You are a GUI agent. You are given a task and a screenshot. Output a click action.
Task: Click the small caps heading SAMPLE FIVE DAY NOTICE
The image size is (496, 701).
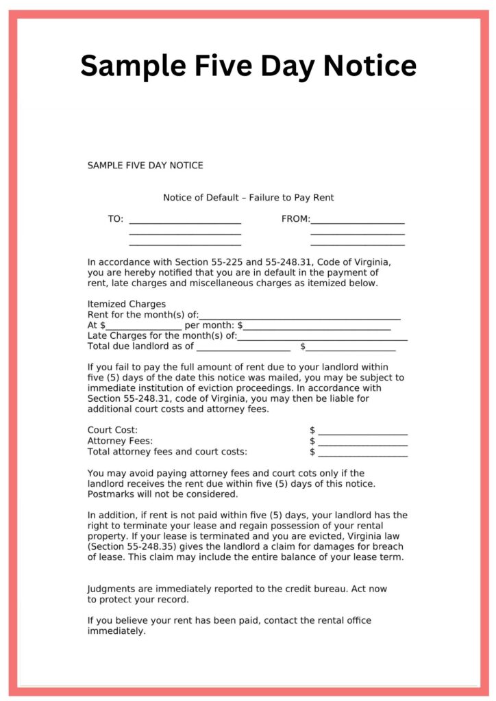pos(145,166)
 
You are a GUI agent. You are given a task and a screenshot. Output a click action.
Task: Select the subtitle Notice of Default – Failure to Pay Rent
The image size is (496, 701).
pos(248,198)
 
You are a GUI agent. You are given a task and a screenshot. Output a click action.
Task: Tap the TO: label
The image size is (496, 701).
pos(115,219)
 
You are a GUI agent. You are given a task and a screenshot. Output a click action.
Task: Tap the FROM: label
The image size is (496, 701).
pos(295,219)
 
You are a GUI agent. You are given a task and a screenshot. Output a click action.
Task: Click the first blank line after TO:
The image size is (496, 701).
pos(185,222)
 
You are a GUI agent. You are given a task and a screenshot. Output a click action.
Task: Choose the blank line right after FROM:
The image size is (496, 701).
pos(358,222)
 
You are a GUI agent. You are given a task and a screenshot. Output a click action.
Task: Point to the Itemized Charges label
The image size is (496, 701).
pos(127,304)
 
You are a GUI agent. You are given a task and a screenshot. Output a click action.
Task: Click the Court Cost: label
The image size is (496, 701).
pos(112,430)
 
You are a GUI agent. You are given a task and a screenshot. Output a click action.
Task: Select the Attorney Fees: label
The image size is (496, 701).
pos(120,441)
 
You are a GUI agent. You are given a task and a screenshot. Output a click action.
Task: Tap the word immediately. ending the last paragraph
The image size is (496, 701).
pos(116,631)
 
